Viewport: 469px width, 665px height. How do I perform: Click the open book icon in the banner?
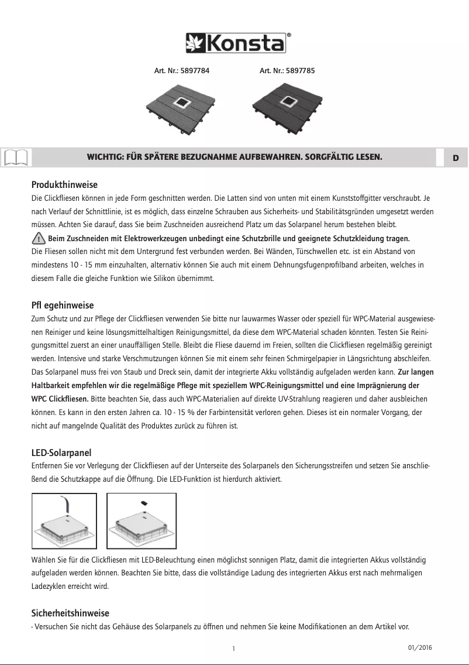(x=15, y=157)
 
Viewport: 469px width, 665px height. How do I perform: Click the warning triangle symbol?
(x=39, y=238)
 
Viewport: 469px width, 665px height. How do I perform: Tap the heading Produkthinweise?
(x=64, y=184)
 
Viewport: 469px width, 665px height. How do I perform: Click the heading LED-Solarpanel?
(x=61, y=453)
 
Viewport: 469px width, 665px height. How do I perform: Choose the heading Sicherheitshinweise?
(x=70, y=613)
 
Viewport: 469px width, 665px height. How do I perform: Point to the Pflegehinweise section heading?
(x=62, y=305)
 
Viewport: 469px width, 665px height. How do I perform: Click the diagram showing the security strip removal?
(x=64, y=518)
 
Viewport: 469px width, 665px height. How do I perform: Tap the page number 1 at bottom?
(x=233, y=649)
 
